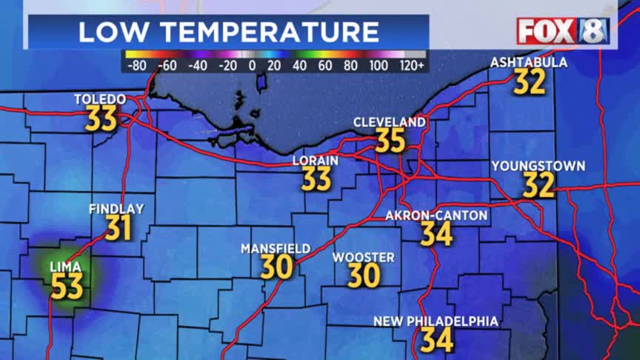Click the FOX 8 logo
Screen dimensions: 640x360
(563, 31)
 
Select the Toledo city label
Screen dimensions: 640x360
(100, 99)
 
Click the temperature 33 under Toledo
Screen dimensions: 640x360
(101, 119)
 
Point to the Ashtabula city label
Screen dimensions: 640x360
(529, 63)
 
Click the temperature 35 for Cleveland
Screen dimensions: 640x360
(390, 140)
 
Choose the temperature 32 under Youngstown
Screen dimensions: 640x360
(539, 185)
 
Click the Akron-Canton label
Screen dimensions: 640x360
(437, 216)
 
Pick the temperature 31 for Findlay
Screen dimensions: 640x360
(119, 228)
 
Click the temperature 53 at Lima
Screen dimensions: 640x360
(67, 286)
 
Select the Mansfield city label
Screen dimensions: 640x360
(276, 249)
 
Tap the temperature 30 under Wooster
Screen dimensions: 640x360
(364, 276)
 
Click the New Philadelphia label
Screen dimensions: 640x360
(436, 321)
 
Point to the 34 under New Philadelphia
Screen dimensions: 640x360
(436, 340)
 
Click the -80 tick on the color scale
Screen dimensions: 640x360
(136, 65)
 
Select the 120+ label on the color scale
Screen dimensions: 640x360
(411, 65)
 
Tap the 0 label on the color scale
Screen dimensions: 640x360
(251, 65)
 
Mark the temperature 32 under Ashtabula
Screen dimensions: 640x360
(530, 82)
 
